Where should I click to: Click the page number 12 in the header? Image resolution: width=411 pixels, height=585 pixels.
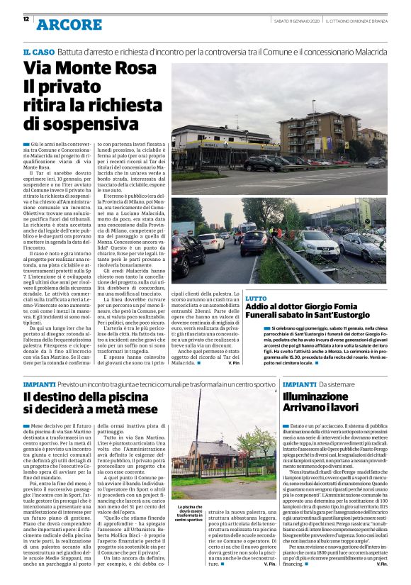point(26,20)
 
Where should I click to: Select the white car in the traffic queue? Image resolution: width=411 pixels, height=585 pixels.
point(210,243)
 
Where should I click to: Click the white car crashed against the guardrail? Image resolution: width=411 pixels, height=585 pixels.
point(319,245)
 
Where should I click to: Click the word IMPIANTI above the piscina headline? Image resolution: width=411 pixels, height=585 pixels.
point(40,384)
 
